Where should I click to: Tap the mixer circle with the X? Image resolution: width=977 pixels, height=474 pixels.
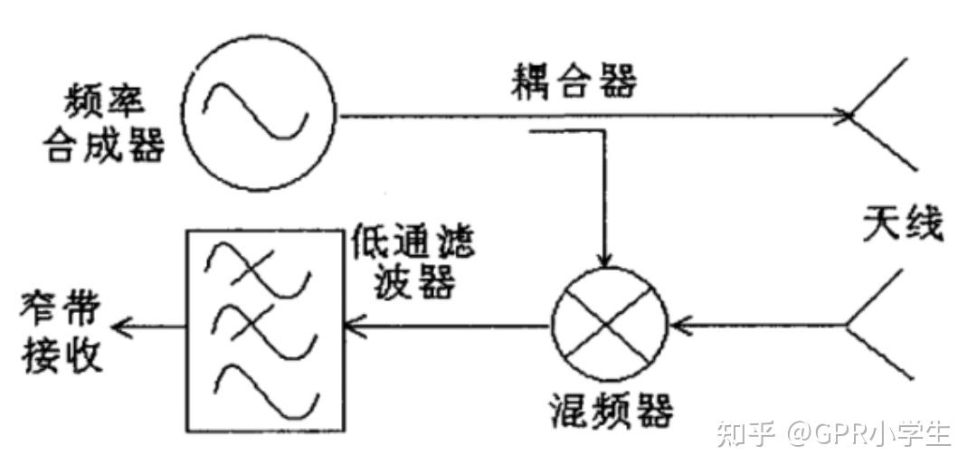(x=609, y=321)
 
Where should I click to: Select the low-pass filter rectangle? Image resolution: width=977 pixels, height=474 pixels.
(x=264, y=329)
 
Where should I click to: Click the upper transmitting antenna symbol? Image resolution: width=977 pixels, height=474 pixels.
(x=881, y=115)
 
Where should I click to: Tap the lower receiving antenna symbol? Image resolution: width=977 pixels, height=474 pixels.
(x=877, y=323)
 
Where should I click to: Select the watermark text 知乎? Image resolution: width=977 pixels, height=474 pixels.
(x=745, y=433)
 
